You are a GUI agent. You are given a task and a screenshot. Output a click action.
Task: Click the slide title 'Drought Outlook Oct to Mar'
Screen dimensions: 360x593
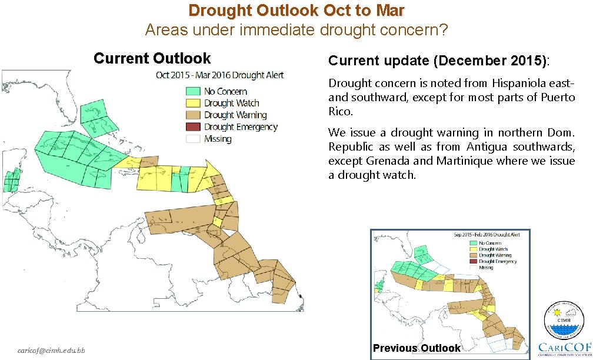(296, 11)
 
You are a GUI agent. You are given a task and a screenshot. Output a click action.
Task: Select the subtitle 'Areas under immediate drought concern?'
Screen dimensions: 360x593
(296, 29)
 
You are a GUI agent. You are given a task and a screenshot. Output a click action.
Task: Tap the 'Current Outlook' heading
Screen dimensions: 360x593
(152, 59)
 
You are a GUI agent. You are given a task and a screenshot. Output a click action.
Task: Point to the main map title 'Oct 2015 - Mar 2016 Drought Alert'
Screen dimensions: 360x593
(219, 75)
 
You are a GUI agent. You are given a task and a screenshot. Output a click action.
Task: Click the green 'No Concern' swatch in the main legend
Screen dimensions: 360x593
(194, 91)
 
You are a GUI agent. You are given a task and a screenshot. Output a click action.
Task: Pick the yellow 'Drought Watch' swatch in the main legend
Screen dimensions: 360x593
(194, 104)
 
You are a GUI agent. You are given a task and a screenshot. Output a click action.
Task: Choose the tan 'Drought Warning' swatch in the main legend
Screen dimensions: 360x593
(194, 115)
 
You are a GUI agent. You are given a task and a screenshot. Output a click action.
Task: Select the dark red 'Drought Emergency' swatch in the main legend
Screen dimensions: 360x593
(194, 127)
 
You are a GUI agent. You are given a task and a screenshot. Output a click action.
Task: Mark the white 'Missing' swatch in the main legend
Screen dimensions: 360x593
(194, 139)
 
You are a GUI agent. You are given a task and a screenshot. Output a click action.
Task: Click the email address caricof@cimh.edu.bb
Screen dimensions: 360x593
(51, 351)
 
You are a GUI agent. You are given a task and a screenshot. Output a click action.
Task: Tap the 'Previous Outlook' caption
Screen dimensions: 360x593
(417, 348)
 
